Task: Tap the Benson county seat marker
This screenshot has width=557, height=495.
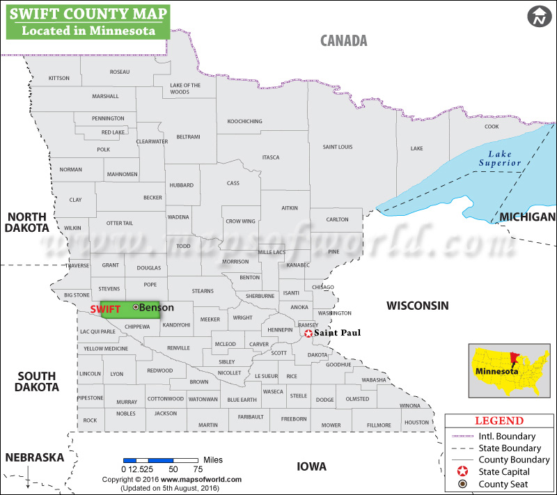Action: (136, 307)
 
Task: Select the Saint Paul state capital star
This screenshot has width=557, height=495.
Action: (308, 333)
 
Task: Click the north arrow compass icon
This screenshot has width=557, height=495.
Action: (538, 17)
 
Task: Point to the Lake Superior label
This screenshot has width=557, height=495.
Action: (499, 158)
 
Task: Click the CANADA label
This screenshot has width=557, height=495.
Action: (343, 40)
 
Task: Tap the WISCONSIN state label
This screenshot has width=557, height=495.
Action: (418, 305)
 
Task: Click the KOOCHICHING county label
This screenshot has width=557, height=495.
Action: (245, 121)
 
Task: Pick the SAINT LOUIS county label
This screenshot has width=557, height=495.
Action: (338, 147)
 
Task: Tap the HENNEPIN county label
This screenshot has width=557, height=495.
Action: (280, 329)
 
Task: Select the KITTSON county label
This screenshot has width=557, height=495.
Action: (59, 78)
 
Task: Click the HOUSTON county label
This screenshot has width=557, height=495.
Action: (416, 423)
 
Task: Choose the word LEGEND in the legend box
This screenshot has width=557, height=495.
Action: (499, 421)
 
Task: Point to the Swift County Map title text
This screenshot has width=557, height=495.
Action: (86, 13)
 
